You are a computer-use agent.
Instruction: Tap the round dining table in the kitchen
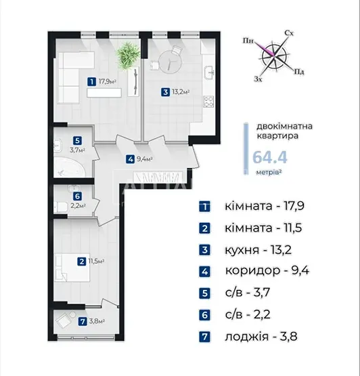[170, 62]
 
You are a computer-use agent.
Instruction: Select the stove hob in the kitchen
[208, 101]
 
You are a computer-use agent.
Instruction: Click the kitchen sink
[209, 72]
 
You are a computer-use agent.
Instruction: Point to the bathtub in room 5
[70, 167]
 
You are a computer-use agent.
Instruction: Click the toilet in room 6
[61, 207]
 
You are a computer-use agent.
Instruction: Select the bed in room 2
[72, 268]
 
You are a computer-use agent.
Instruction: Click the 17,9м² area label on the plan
[108, 81]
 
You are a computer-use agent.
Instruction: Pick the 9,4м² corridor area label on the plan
[145, 159]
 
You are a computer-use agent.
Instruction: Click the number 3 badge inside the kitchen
[165, 92]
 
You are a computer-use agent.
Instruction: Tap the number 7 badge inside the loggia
[83, 321]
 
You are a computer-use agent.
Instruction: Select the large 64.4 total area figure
[270, 158]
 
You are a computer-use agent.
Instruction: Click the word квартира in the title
[277, 136]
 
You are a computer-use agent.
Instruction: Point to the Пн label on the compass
[248, 41]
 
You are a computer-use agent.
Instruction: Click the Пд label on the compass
[299, 71]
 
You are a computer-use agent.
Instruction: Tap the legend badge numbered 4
[205, 272]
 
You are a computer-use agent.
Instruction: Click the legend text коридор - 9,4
[267, 271]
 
